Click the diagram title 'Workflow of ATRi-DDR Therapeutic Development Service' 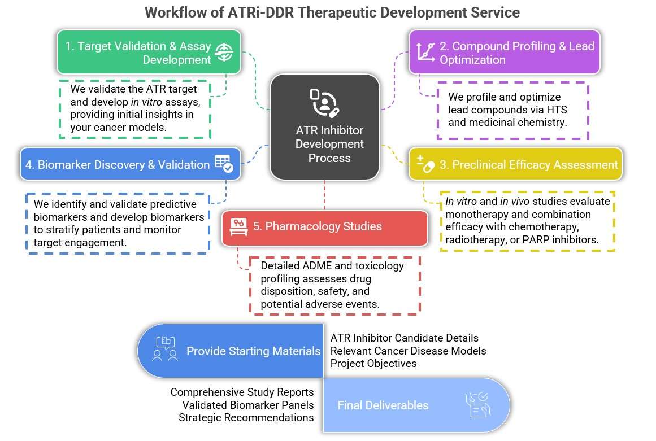pyautogui.click(x=332, y=12)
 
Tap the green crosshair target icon pyautogui.click(x=224, y=53)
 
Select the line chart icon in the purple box pyautogui.click(x=425, y=52)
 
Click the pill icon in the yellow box pyautogui.click(x=425, y=164)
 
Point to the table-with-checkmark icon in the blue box pyautogui.click(x=224, y=164)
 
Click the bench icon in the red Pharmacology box pyautogui.click(x=237, y=226)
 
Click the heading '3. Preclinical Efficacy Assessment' pyautogui.click(x=529, y=164)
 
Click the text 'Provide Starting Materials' pyautogui.click(x=253, y=351)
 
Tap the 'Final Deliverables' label pyautogui.click(x=383, y=405)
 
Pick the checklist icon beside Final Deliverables pyautogui.click(x=476, y=405)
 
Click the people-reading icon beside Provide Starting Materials pyautogui.click(x=165, y=350)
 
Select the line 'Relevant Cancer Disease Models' pyautogui.click(x=408, y=351)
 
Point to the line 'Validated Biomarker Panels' pyautogui.click(x=248, y=405)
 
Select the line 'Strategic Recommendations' pyautogui.click(x=246, y=417)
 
